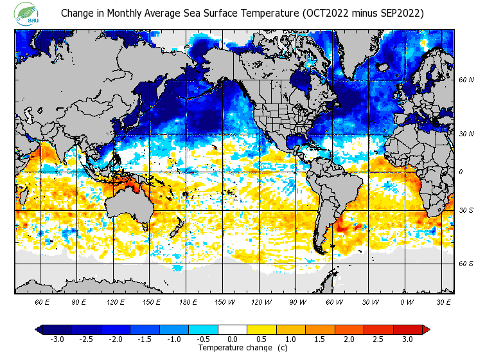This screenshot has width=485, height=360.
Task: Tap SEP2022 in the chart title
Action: click(398, 14)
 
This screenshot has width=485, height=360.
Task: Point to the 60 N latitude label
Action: click(466, 80)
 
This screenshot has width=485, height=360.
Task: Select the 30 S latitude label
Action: click(466, 210)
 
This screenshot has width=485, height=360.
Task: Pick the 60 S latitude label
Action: click(466, 264)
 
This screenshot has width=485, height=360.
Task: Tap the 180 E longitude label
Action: click(188, 301)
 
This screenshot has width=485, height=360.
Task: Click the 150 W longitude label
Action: click(224, 301)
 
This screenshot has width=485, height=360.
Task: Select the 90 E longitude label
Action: click(79, 301)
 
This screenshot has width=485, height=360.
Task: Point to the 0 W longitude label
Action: click(406, 301)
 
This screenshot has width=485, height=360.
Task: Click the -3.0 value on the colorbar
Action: click(57, 339)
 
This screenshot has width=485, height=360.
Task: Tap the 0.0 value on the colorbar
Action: click(233, 339)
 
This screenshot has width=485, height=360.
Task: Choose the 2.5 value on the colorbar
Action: click(378, 339)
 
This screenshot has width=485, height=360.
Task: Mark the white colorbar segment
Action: click(233, 330)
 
